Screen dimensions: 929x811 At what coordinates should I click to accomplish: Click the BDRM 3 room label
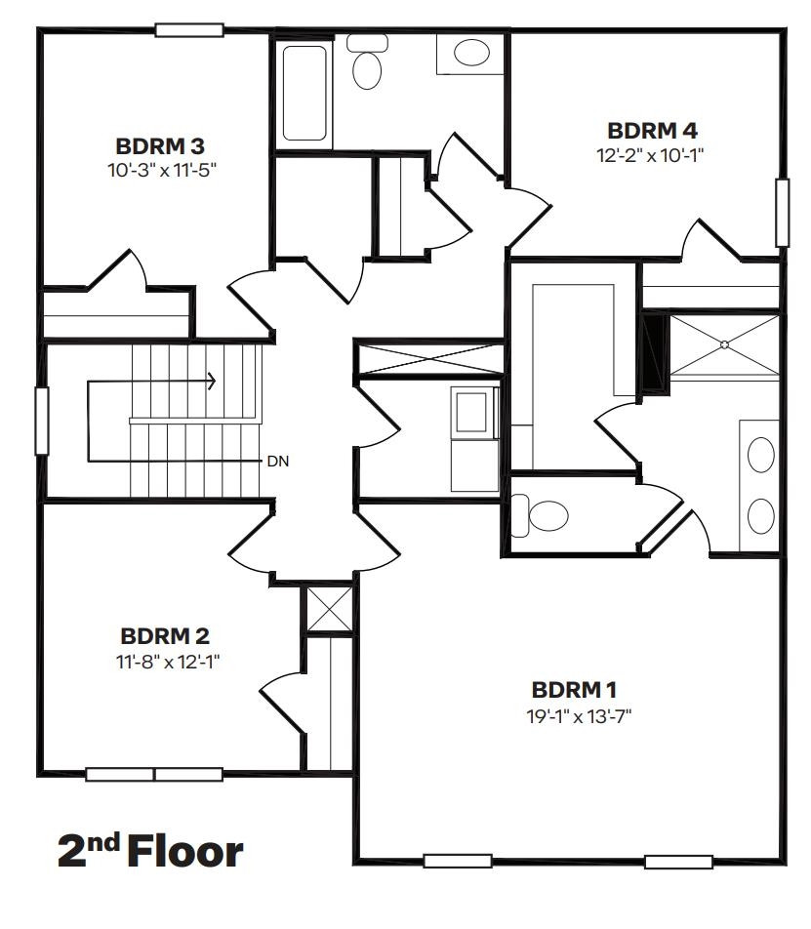159,146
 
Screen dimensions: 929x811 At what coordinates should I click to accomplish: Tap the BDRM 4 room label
651,131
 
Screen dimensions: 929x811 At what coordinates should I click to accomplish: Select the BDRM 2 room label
164,636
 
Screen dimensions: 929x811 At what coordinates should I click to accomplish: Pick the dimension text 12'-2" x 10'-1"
651,154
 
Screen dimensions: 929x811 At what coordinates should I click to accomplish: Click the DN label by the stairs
277,460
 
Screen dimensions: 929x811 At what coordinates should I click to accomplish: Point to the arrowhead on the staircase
212,382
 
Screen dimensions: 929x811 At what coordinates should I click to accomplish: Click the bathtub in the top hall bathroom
306,91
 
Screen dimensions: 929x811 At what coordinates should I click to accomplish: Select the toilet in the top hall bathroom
367,63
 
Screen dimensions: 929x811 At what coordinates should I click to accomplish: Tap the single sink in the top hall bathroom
471,53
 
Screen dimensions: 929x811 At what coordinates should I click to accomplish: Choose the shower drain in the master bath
725,343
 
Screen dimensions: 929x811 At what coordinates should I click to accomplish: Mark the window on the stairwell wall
42,421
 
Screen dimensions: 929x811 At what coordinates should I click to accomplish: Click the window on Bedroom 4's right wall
781,213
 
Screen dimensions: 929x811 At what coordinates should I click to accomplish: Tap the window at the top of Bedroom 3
189,30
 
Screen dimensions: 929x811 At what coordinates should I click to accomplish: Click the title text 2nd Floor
150,851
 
